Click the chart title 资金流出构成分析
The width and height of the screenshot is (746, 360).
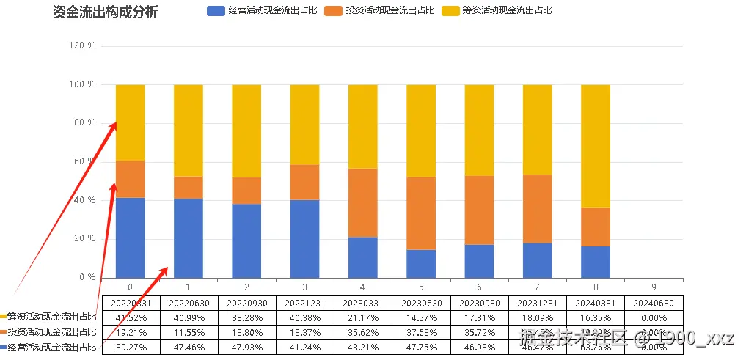tap(106, 12)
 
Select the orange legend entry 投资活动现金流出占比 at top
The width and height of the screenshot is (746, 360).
tap(389, 11)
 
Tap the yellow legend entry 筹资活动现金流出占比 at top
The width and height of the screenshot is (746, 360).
tap(506, 11)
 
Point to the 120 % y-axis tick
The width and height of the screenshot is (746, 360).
tap(82, 45)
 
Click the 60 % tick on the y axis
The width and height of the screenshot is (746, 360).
tap(84, 161)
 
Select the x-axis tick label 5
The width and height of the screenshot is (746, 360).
tap(420, 287)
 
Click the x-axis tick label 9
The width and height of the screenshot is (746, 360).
tap(654, 287)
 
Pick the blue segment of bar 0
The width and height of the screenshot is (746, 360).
tap(130, 238)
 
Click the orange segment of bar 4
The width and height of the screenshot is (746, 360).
tap(362, 203)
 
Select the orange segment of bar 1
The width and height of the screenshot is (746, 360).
tap(188, 188)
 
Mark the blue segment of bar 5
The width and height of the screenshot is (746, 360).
tap(420, 263)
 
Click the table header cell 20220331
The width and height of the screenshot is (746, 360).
tap(130, 303)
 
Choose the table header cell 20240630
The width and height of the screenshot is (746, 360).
tap(654, 303)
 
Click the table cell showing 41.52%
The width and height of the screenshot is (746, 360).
tap(130, 318)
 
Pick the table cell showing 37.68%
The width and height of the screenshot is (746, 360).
tap(420, 333)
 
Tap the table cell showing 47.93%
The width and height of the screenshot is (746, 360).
tap(246, 348)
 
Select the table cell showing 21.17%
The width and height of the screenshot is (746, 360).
tap(362, 318)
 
